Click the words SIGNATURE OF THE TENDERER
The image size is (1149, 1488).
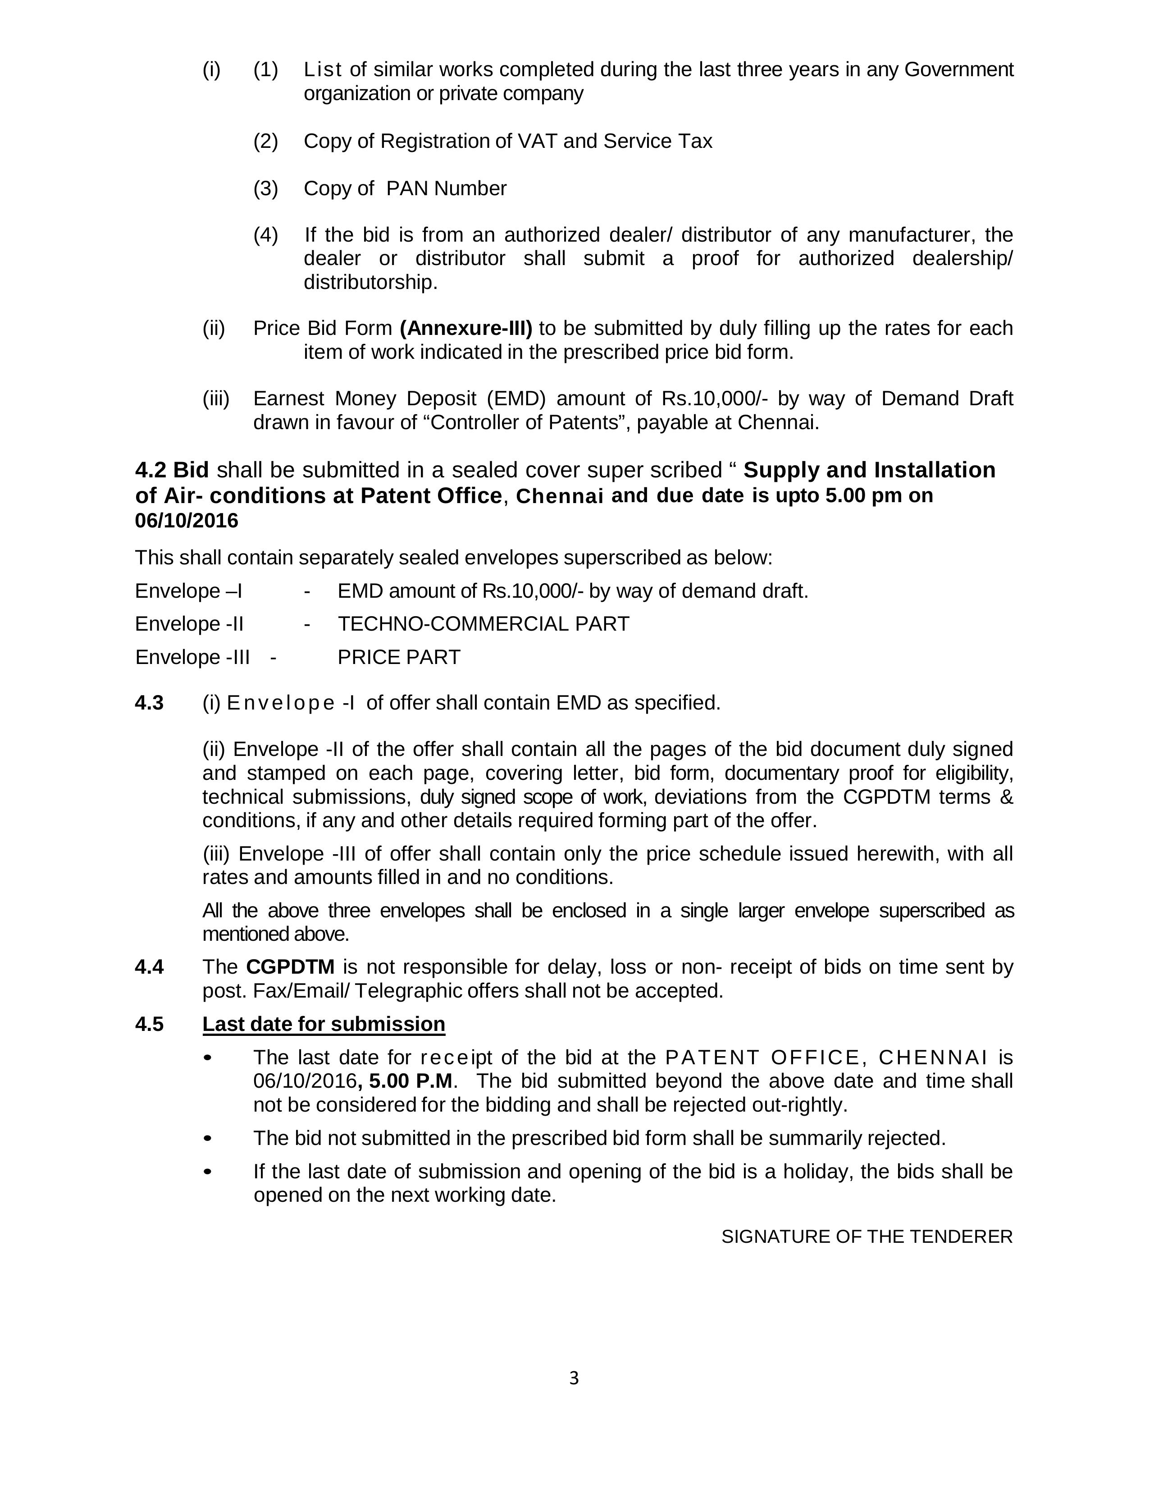coord(866,1236)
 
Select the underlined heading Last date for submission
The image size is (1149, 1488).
coord(324,1024)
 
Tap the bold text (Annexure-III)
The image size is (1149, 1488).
coord(466,329)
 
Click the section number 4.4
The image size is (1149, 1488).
coord(149,967)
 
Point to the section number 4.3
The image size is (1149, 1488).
coord(149,702)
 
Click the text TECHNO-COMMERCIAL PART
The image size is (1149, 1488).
coord(483,623)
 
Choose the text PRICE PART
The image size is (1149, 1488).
coord(399,657)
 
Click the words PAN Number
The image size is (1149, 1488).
coord(446,188)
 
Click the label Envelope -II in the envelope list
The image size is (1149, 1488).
coord(189,623)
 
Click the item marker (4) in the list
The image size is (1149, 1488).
coord(266,235)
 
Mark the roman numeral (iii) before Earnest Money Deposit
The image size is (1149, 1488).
coord(216,398)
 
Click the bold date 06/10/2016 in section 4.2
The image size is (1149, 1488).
coord(187,521)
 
